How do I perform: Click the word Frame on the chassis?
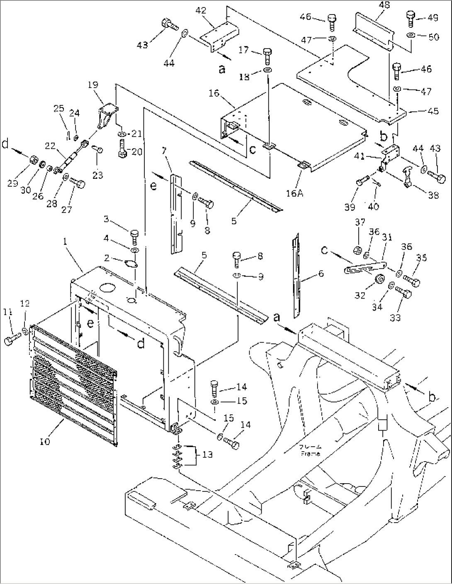pos(311,453)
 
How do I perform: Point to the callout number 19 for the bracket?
pos(93,85)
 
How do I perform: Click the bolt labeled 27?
pos(78,183)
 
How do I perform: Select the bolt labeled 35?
pos(412,282)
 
